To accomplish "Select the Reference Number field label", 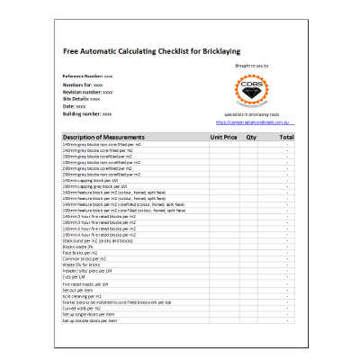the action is point(83,77).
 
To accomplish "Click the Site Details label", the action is point(76,99).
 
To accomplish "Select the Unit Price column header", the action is point(223,137).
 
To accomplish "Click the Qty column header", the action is point(252,137).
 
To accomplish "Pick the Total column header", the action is point(286,137).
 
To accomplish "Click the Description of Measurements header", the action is point(104,137).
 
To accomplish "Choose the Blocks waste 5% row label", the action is point(78,247).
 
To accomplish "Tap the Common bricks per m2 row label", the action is point(84,259).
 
